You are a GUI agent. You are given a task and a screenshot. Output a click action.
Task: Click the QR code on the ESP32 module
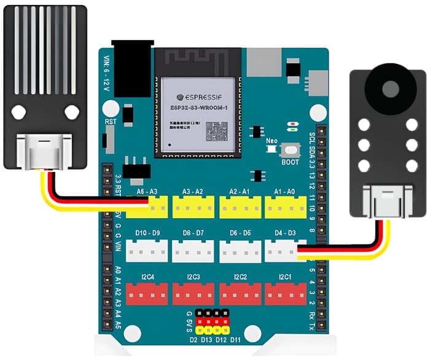click(216, 131)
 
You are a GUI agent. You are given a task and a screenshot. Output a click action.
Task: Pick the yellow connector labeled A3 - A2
click(193, 209)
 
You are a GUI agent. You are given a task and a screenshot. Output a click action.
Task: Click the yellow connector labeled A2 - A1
click(239, 209)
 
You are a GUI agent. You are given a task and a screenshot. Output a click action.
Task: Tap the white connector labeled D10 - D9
click(147, 251)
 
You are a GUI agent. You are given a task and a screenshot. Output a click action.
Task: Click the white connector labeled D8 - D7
click(193, 251)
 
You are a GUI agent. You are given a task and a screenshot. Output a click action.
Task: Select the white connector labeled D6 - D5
click(239, 251)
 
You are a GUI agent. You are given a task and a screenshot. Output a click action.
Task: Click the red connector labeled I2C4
click(147, 294)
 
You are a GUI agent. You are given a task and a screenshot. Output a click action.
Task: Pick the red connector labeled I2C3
click(193, 294)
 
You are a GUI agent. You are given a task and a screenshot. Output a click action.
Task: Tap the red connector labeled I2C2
click(239, 294)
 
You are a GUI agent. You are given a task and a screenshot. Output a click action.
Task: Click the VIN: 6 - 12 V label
click(106, 69)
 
